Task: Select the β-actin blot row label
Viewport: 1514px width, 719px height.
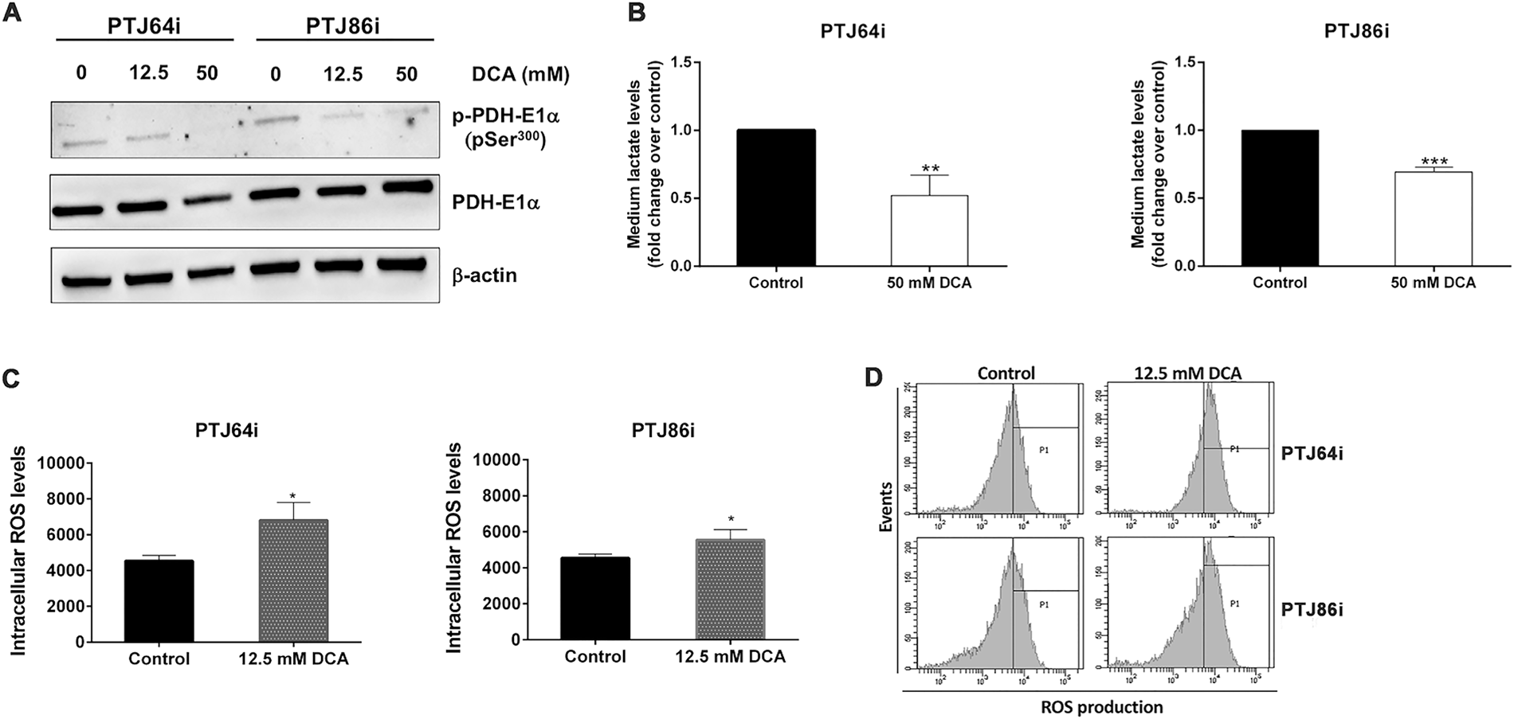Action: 484,275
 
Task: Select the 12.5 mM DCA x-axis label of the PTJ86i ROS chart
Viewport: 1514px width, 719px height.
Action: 729,657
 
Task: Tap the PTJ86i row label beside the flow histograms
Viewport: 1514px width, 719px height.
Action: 1312,611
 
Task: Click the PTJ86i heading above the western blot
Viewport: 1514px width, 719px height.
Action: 343,25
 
